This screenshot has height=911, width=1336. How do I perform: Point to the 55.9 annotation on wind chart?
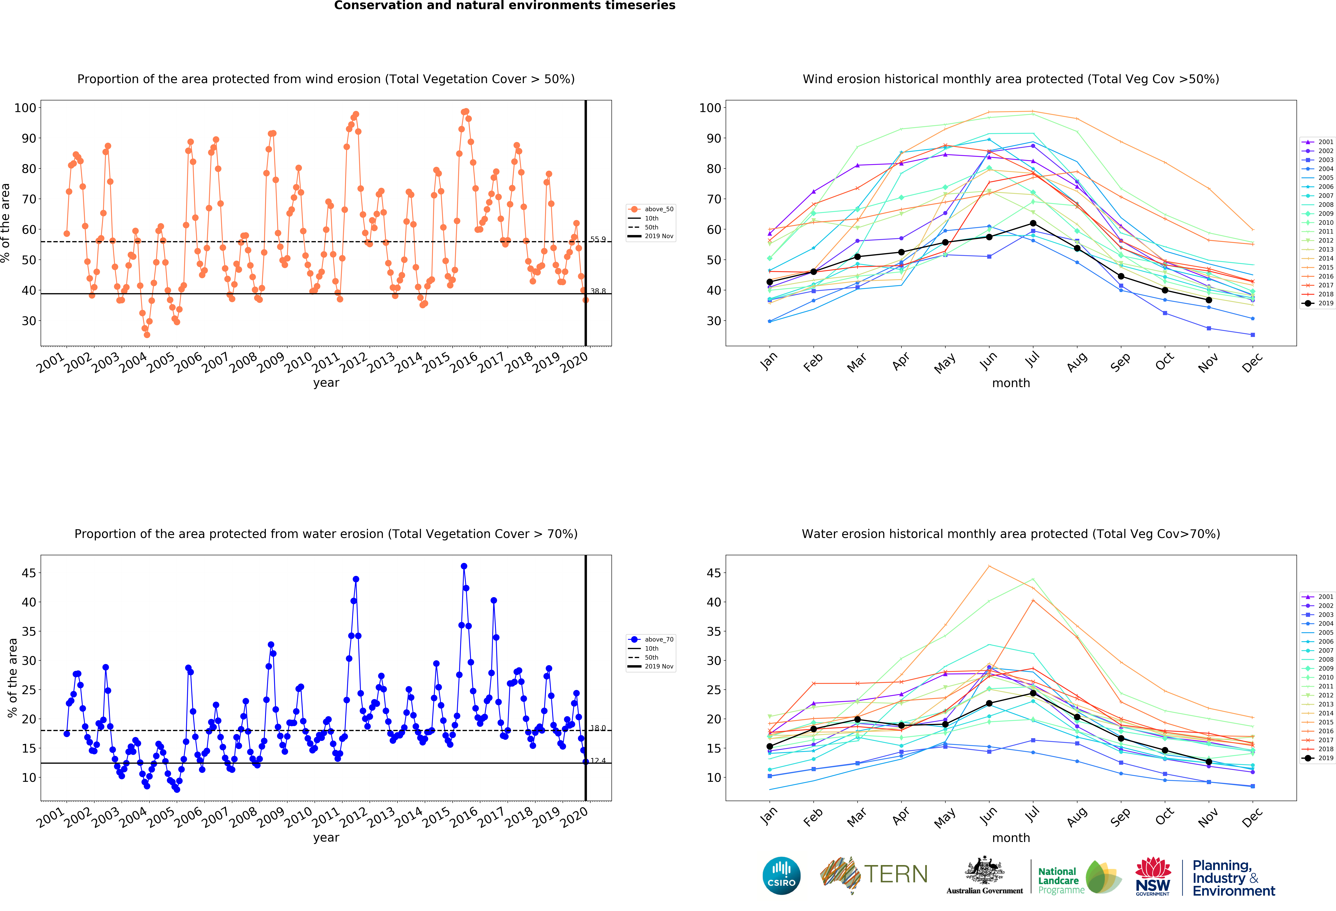pyautogui.click(x=598, y=239)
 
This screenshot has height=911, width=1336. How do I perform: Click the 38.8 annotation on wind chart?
pyautogui.click(x=598, y=291)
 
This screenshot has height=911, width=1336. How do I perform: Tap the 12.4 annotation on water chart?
pyautogui.click(x=598, y=760)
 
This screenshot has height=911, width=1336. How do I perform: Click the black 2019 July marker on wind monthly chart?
pyautogui.click(x=1033, y=223)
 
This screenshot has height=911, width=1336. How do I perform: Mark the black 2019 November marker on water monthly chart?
pyautogui.click(x=1209, y=761)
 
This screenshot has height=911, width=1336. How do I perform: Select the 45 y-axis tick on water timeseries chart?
pyautogui.click(x=29, y=573)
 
